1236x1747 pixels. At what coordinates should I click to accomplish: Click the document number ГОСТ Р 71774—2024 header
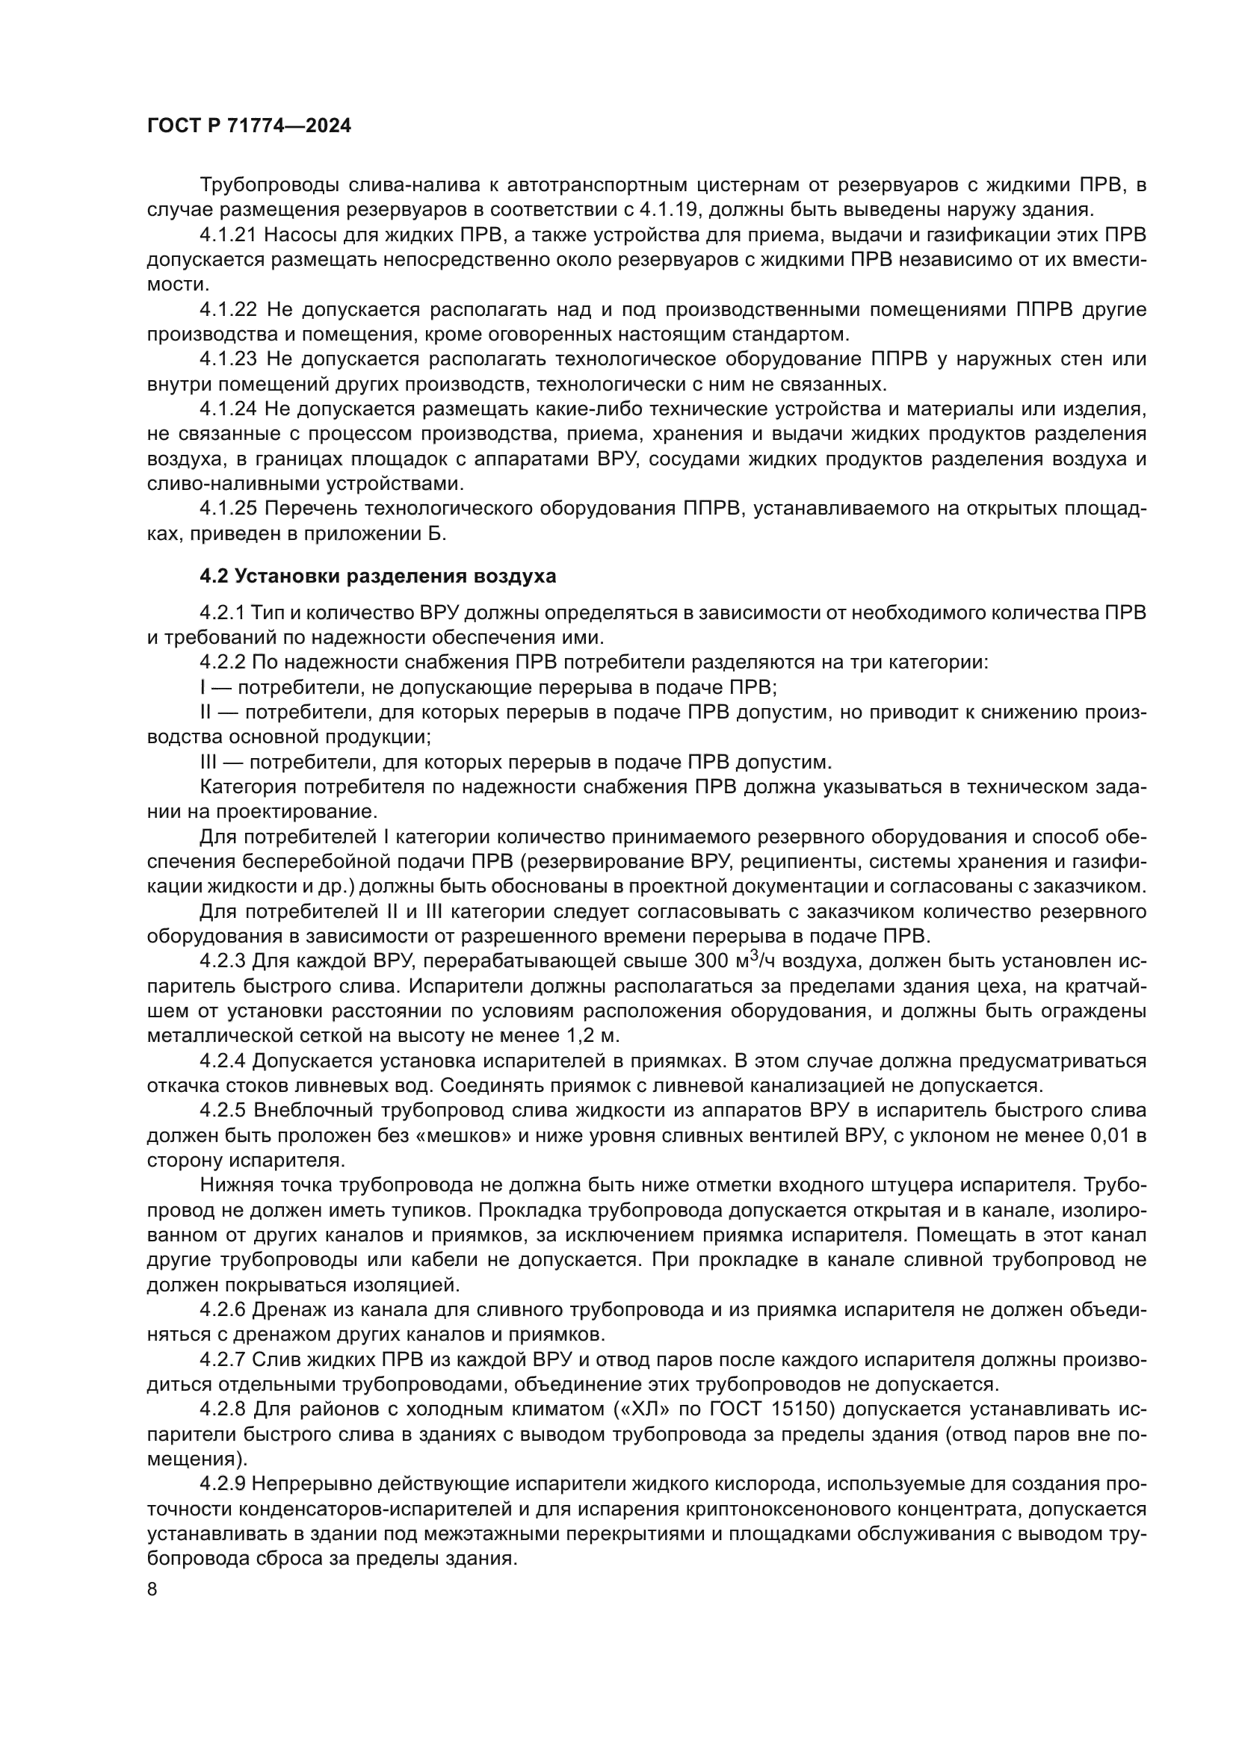249,126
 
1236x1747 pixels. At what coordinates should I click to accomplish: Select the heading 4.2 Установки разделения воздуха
377,577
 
